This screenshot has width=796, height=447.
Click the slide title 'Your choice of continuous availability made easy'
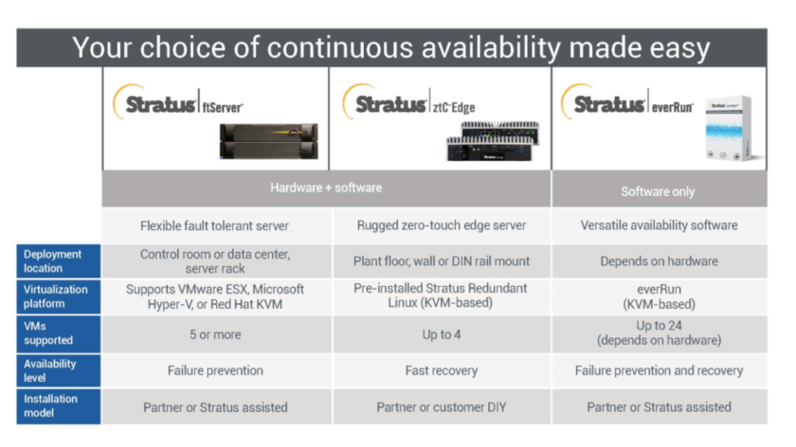[x=391, y=46]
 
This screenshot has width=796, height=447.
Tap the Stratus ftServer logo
[x=180, y=103]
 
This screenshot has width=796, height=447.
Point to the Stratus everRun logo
[x=631, y=103]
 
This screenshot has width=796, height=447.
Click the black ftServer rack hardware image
[x=268, y=140]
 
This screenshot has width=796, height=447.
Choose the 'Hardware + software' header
[x=326, y=188]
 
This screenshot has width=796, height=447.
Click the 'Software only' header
[x=658, y=191]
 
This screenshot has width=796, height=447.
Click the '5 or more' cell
[x=215, y=334]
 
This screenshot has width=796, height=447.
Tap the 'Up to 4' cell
[x=441, y=334]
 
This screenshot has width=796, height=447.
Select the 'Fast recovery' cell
[x=441, y=370]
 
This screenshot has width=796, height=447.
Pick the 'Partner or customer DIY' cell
[x=441, y=407]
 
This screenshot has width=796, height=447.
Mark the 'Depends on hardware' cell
[x=659, y=260]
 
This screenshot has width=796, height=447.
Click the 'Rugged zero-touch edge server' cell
[x=441, y=225]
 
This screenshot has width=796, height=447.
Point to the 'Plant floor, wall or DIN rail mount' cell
[x=441, y=260]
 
